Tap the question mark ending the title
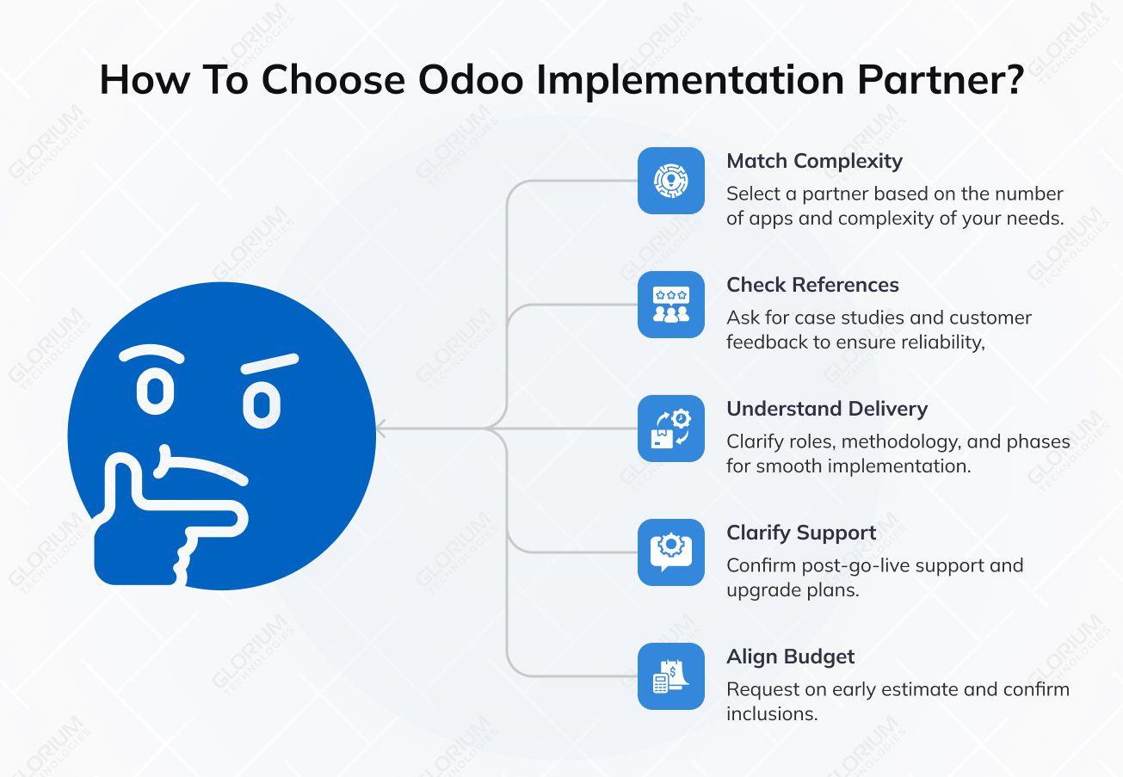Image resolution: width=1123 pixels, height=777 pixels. tap(1012, 80)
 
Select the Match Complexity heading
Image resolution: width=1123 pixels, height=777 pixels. tap(814, 161)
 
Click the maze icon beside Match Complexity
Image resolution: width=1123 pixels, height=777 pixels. tap(670, 181)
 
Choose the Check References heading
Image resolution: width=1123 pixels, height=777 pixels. tap(812, 285)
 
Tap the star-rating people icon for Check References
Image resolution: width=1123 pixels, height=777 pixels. tap(670, 305)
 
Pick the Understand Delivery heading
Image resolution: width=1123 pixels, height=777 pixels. tap(827, 409)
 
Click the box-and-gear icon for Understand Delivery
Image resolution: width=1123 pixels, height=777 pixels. tap(670, 429)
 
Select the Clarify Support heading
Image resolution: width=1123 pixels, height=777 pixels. tap(801, 533)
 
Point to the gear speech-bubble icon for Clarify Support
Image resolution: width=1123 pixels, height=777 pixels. tap(670, 552)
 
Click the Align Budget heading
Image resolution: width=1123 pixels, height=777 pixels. tap(790, 657)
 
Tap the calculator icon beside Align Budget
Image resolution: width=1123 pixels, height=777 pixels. tap(670, 676)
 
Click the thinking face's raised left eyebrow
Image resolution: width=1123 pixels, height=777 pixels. tap(151, 354)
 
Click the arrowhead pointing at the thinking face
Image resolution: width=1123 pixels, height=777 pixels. tap(381, 429)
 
